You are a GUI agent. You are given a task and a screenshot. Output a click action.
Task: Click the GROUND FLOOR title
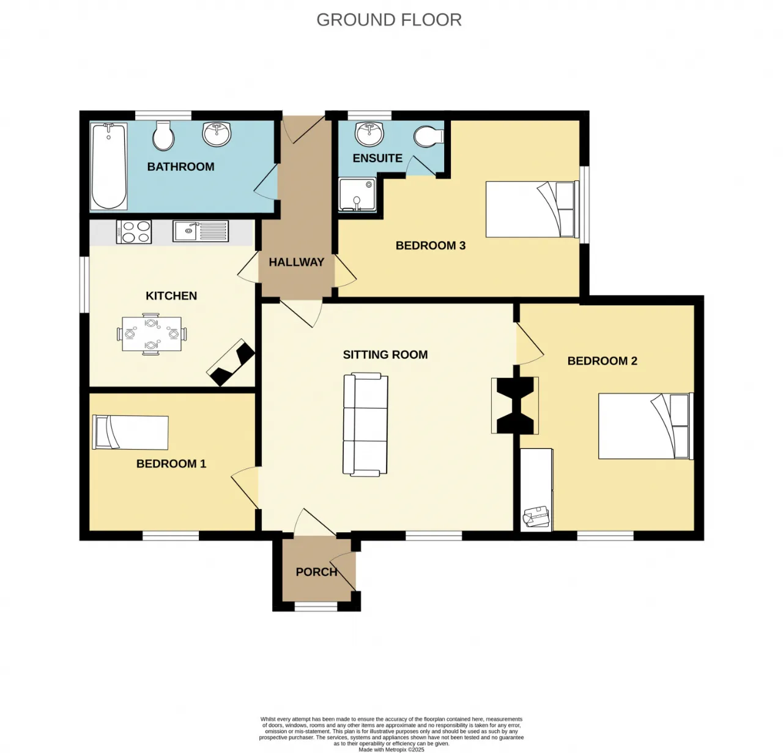click(x=388, y=20)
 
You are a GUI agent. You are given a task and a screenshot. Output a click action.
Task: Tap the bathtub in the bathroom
click(x=109, y=166)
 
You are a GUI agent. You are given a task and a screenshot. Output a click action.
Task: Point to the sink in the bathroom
click(x=217, y=133)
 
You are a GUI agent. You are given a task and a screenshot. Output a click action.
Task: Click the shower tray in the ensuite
click(x=357, y=195)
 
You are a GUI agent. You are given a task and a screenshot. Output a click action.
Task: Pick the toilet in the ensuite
click(x=429, y=136)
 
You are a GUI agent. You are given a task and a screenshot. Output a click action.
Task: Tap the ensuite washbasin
click(x=369, y=133)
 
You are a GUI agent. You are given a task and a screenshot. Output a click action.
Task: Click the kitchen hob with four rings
click(x=134, y=232)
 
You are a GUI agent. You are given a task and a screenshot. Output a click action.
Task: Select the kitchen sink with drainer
click(x=201, y=231)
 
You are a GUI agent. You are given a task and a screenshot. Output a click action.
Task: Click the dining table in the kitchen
click(x=151, y=334)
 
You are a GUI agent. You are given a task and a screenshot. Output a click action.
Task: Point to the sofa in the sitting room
click(x=365, y=425)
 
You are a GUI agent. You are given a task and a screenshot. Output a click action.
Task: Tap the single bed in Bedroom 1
click(x=130, y=432)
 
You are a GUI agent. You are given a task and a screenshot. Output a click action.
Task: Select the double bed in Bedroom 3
click(x=532, y=209)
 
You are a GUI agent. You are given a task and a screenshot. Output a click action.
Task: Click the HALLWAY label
click(x=297, y=262)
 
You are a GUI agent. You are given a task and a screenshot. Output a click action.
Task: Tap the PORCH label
click(x=317, y=572)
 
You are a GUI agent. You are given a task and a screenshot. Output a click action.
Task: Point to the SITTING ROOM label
click(x=385, y=355)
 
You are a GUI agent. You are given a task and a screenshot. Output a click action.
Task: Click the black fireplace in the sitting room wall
click(x=515, y=406)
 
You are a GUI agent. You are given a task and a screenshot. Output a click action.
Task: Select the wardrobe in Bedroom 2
click(x=536, y=490)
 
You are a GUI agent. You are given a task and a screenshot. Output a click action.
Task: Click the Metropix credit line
click(x=391, y=750)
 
